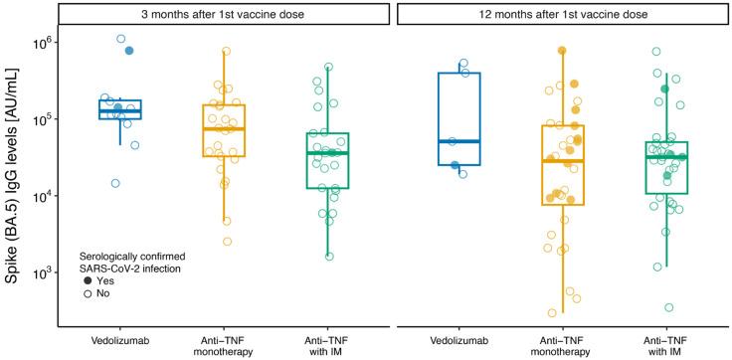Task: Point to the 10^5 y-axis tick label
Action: pyautogui.click(x=41, y=119)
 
